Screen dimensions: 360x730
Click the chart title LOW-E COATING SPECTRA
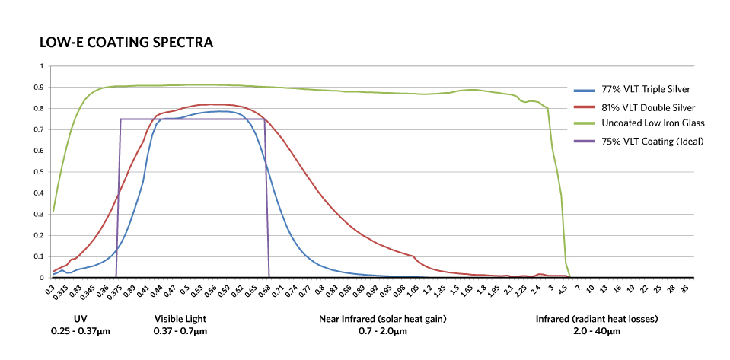126,43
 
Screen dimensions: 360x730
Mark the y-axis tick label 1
42,66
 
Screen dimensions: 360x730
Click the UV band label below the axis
80,319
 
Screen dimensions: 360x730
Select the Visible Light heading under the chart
180,319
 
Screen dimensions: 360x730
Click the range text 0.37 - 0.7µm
180,331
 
